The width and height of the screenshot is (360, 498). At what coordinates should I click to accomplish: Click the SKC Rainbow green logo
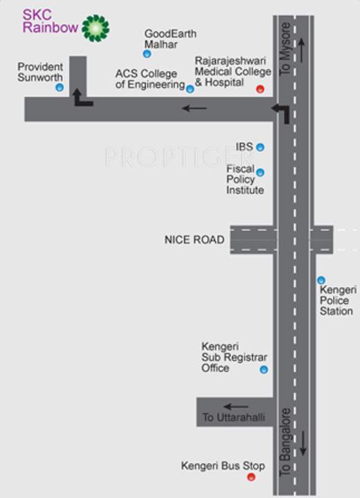pos(95,28)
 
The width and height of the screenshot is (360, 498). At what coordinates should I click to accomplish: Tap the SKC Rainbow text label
pos(48,21)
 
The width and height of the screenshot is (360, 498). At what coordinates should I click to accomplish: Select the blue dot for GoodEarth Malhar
pos(147,53)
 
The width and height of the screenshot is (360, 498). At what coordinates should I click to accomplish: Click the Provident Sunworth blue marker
pos(60,87)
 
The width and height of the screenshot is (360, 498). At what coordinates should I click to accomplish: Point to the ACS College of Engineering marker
pos(190,88)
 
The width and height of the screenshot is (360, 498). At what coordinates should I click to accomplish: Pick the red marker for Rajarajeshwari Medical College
pos(260,89)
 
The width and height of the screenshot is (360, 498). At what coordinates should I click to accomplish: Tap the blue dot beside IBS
pos(260,147)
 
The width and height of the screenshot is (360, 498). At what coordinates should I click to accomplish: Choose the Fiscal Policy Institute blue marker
pos(260,172)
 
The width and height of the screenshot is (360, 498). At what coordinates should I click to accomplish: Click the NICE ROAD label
pos(195,239)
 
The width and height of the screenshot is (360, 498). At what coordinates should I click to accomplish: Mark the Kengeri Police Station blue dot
pos(321,280)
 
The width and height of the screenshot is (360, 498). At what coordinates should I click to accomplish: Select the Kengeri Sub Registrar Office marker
pos(263,370)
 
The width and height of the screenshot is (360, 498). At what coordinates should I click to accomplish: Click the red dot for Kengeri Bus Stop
pos(251,477)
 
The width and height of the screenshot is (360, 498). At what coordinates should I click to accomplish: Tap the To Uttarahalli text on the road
pos(234,417)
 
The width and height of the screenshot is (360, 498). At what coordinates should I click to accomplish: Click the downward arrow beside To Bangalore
pos(302,443)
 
